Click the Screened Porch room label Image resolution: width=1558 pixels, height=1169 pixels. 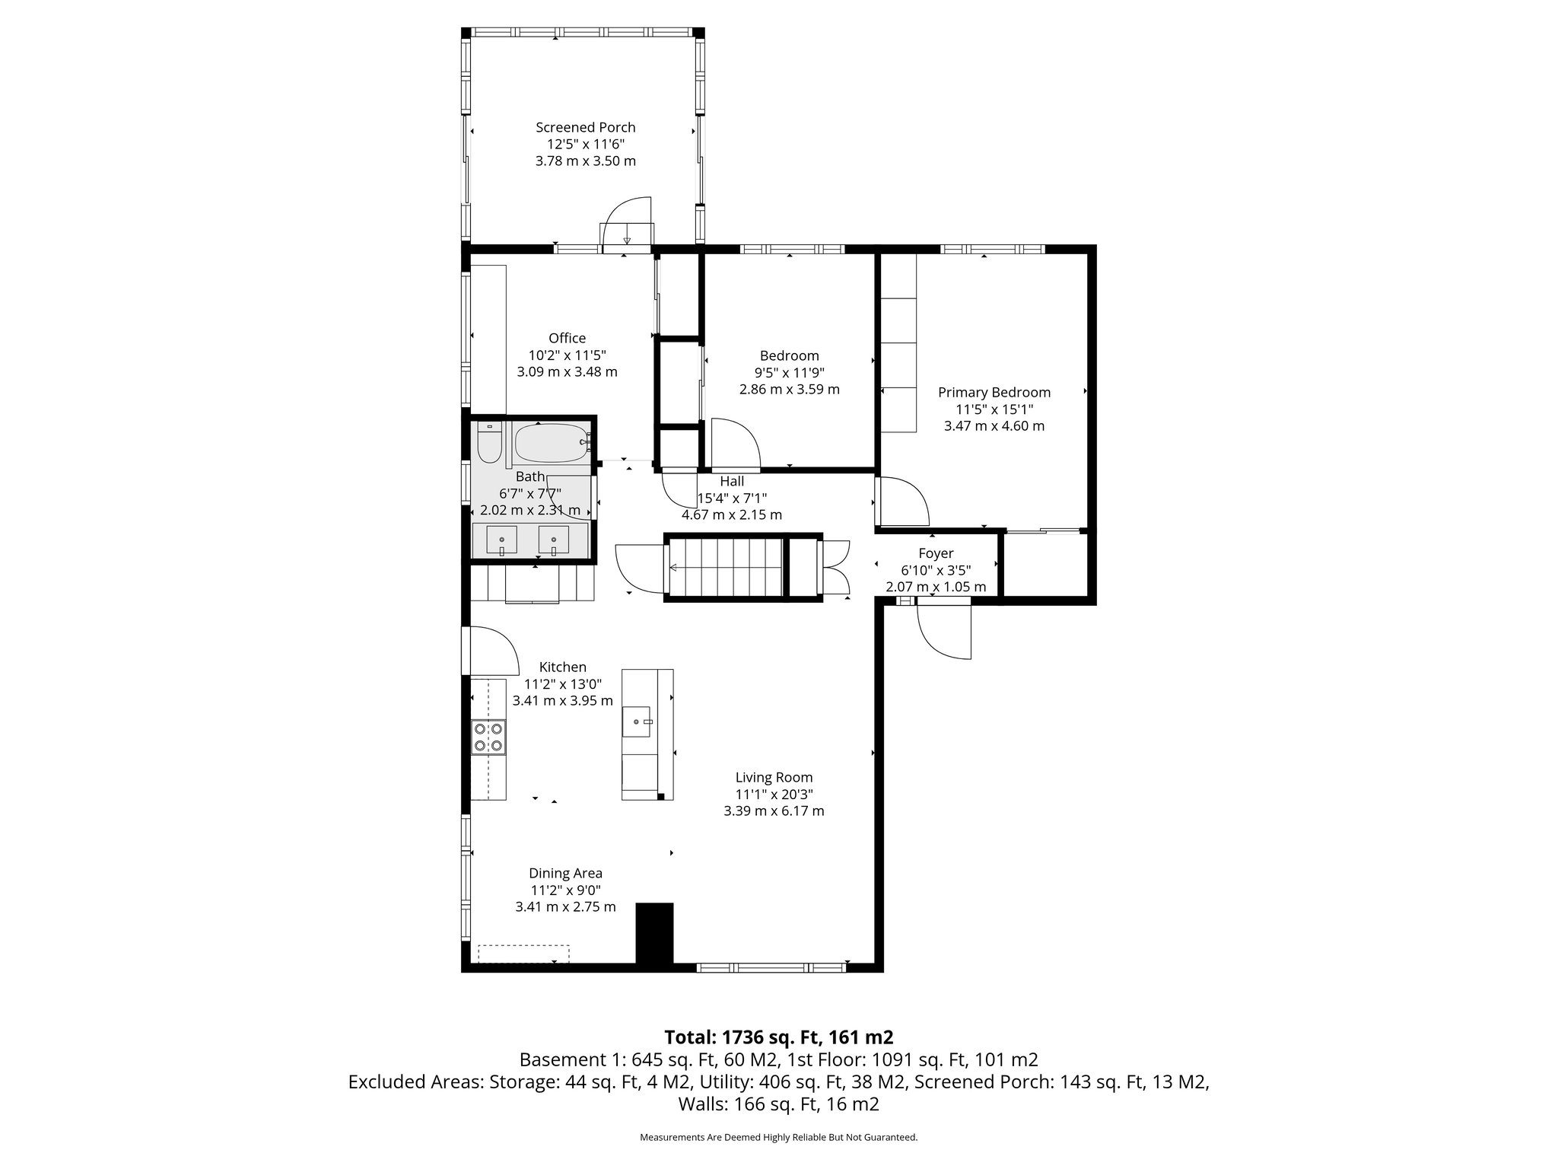585,128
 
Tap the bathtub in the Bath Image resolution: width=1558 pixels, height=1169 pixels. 550,443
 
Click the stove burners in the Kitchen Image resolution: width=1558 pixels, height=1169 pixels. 488,736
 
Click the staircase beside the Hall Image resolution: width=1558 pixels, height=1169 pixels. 725,567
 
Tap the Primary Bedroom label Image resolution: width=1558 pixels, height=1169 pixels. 994,393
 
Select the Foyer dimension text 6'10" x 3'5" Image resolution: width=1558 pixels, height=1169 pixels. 936,570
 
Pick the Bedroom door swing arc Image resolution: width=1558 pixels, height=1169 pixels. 736,444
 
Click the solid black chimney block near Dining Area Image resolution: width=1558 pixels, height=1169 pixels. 654,934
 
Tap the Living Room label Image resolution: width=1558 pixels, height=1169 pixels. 774,778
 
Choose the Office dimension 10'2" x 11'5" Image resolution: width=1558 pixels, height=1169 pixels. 567,355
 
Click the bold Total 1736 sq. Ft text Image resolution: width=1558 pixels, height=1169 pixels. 778,1037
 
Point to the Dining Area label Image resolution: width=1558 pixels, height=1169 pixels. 565,873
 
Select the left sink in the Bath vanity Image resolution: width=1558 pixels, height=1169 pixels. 501,540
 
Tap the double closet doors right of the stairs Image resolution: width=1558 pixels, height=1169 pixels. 835,567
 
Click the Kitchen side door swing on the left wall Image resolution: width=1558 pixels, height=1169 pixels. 487,649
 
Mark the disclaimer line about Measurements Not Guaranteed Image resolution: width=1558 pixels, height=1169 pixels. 778,1137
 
